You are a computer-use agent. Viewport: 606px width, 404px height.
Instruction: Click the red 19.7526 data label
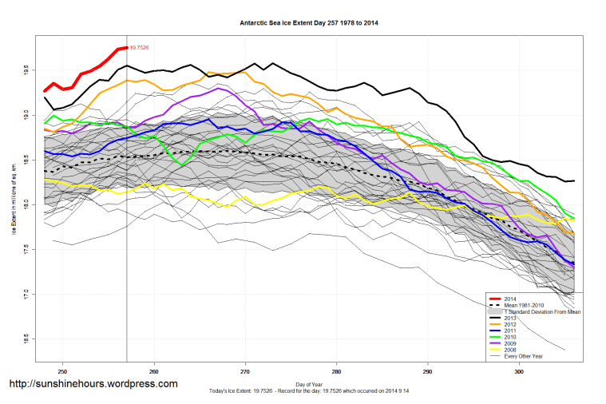pos(139,48)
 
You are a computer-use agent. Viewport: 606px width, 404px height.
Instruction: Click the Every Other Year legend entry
pos(523,356)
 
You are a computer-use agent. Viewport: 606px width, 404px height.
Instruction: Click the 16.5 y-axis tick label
pos(28,336)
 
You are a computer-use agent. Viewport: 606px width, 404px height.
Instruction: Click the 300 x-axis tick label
pos(519,370)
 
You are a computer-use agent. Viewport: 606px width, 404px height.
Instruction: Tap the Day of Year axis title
pos(309,384)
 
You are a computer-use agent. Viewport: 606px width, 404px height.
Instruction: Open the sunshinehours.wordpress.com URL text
pos(93,384)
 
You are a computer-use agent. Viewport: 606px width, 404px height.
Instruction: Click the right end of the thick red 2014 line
pos(126,47)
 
